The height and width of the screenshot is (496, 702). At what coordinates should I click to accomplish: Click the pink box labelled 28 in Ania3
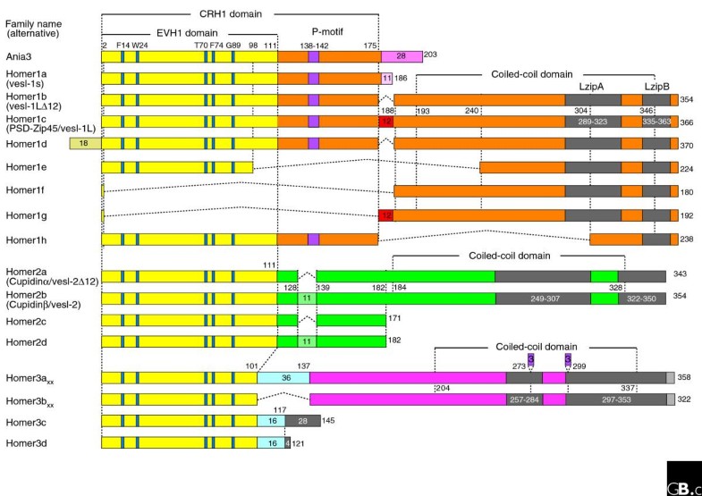tap(402, 56)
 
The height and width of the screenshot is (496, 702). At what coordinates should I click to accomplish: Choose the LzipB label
tap(656, 88)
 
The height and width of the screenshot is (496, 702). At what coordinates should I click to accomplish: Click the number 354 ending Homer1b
tap(687, 99)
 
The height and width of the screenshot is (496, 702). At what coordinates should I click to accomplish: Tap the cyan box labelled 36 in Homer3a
tap(283, 379)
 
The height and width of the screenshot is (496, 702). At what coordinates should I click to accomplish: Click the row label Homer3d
tap(23, 441)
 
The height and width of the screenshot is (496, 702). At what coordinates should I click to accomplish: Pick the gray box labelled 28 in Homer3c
tap(302, 420)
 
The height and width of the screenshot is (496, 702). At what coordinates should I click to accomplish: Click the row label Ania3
tap(18, 56)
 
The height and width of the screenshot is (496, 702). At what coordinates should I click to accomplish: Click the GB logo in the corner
tap(684, 480)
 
